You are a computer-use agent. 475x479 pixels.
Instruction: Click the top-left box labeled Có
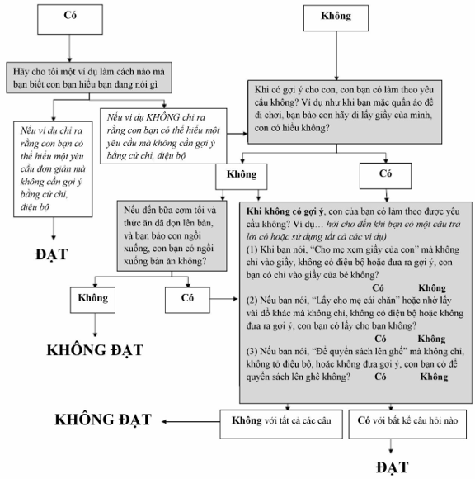point(70,19)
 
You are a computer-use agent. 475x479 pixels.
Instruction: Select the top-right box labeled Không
point(336,18)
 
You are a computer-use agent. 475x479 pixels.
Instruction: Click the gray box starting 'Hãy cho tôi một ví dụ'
point(89,78)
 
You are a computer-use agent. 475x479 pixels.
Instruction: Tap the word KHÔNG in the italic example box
point(163,117)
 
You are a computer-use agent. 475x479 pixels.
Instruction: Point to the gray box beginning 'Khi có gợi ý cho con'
point(345,112)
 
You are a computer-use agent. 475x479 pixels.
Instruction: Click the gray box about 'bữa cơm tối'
point(172,236)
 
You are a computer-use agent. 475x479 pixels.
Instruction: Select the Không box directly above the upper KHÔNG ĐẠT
point(92,300)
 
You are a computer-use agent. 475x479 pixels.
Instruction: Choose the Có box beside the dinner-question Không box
point(187,300)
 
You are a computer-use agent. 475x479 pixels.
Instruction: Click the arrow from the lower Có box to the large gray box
point(224,299)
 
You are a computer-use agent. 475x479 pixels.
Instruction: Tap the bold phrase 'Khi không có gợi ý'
point(285,211)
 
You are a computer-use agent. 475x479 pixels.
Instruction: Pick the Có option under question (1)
point(378,287)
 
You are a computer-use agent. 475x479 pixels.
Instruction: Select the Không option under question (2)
point(431,339)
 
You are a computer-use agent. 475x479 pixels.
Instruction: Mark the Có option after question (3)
point(380,377)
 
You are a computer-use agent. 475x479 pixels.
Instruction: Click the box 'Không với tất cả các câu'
point(281,424)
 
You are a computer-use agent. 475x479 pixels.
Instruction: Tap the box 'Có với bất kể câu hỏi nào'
point(407,424)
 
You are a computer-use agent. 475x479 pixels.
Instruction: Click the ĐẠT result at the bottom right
point(392,467)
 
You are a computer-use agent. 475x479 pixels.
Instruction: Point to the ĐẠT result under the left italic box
point(52,254)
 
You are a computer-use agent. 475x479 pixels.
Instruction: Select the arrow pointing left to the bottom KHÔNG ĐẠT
point(191,421)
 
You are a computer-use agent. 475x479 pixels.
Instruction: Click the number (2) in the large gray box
point(252,301)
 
